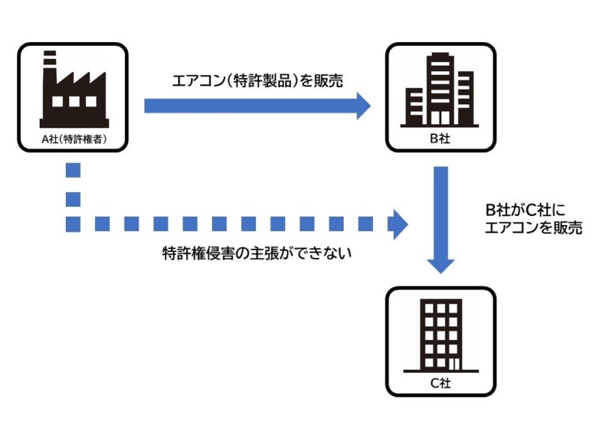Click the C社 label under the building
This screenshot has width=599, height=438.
[440, 383]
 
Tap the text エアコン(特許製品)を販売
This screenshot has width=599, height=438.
[258, 80]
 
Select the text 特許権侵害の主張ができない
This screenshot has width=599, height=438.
[258, 253]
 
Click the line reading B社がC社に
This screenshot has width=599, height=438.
[525, 209]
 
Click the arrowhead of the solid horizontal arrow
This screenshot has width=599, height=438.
[362, 105]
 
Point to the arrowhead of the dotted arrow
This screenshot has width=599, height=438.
[398, 223]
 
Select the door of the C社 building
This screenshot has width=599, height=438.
[451, 363]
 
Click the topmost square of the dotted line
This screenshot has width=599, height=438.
[73, 170]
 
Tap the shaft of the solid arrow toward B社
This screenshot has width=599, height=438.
[247, 105]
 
